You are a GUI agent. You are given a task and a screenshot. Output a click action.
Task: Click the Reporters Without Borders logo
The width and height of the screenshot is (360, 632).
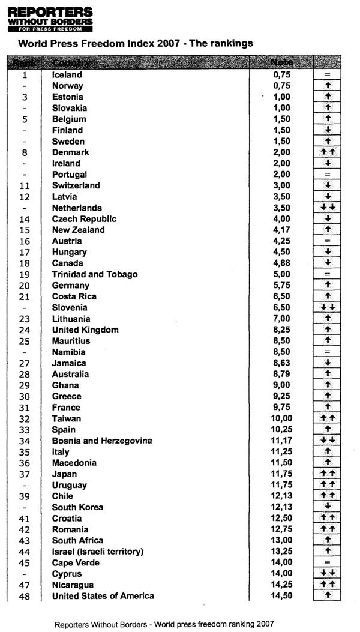coord(50,18)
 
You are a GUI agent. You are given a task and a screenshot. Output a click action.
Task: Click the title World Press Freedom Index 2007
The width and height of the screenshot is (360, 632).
coord(136,43)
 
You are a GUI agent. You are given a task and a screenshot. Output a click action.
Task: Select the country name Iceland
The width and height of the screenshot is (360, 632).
coord(67,75)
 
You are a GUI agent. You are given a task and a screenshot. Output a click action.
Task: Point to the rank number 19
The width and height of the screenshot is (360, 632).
coord(25,274)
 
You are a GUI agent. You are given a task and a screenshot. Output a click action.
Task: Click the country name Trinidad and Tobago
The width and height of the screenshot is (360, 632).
coord(95,274)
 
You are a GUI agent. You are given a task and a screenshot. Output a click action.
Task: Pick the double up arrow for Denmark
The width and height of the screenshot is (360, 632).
coord(327,152)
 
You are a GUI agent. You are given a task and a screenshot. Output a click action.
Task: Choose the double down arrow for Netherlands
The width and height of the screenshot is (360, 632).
coord(327,208)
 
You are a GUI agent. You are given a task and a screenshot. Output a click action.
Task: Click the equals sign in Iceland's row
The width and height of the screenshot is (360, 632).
coord(327,75)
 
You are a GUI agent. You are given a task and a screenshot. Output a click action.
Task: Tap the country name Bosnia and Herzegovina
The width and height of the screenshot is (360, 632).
coord(102,441)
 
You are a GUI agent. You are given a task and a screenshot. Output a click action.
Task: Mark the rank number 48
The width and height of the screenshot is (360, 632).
coord(25,596)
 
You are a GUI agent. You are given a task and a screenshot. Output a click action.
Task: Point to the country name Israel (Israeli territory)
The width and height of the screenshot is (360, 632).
coord(98,552)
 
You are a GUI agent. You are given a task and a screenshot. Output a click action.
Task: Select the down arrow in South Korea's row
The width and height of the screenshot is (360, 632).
coord(327,507)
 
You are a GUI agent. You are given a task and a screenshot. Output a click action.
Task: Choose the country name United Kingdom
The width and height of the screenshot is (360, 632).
coord(85,330)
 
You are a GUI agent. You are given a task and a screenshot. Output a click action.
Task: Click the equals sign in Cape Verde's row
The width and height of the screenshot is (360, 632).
coord(327,562)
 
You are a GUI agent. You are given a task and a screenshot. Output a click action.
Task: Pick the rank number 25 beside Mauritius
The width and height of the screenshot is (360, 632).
coord(25,341)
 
